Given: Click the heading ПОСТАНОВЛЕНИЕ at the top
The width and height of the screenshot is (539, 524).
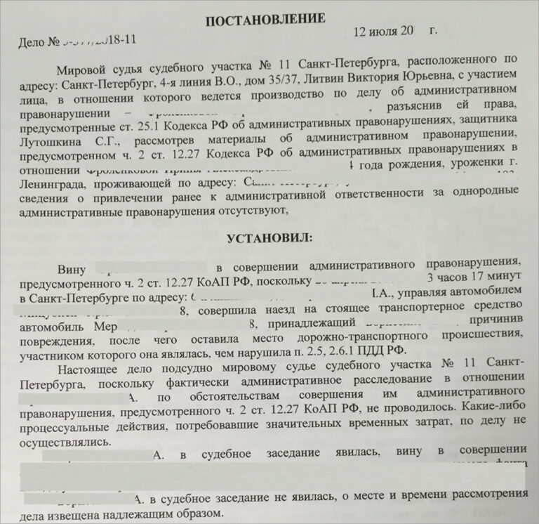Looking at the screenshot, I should tap(265, 19).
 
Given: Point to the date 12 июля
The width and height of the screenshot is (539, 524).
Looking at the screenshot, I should tap(379, 32).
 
